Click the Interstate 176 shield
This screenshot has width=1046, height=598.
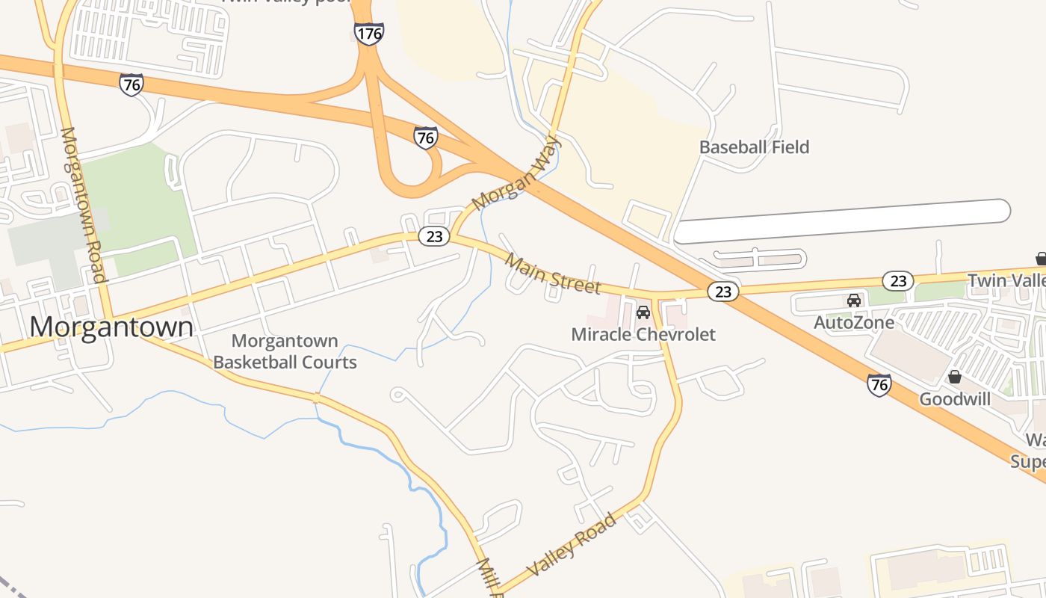pyautogui.click(x=369, y=33)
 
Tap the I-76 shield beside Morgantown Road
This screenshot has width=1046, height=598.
pyautogui.click(x=131, y=84)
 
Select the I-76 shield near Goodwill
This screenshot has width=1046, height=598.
pyautogui.click(x=879, y=384)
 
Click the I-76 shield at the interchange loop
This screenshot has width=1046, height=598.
pyautogui.click(x=425, y=138)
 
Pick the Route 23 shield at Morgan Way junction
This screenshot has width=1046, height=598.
pyautogui.click(x=433, y=236)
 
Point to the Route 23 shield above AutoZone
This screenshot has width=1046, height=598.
pyautogui.click(x=898, y=280)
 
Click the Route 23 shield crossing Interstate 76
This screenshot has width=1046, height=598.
pyautogui.click(x=722, y=292)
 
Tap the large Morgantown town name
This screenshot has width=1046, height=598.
pyautogui.click(x=111, y=327)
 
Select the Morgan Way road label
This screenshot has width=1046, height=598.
pyautogui.click(x=516, y=173)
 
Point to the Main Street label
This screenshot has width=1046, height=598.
pyautogui.click(x=552, y=274)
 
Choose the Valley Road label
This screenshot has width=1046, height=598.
pyautogui.click(x=572, y=544)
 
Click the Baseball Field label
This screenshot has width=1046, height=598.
pyautogui.click(x=754, y=147)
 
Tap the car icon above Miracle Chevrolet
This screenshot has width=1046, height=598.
pyautogui.click(x=643, y=312)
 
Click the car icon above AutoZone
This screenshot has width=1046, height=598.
pyautogui.click(x=853, y=300)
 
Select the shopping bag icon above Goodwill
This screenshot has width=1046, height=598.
pyautogui.click(x=954, y=376)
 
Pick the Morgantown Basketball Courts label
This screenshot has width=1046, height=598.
pyautogui.click(x=285, y=352)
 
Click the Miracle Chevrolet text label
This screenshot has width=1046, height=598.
pyautogui.click(x=643, y=334)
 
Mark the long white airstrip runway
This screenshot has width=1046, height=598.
pyautogui.click(x=842, y=221)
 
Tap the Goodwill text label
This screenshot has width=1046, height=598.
pyautogui.click(x=955, y=399)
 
